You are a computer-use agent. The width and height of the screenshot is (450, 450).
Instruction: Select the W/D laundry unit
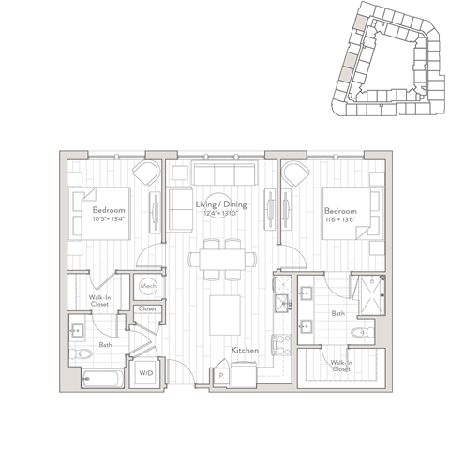click(x=146, y=373)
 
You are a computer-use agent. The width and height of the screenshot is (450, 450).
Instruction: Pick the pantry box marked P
click(x=220, y=375)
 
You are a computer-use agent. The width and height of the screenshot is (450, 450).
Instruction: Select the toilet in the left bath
click(x=84, y=352)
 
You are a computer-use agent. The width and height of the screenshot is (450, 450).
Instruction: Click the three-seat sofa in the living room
click(x=223, y=174)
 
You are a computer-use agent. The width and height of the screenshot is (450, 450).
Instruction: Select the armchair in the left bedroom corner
click(x=145, y=175)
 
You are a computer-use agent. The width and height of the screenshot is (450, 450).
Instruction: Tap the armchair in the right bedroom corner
click(x=295, y=175)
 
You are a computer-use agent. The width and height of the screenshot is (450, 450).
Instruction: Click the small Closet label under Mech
click(x=147, y=308)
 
